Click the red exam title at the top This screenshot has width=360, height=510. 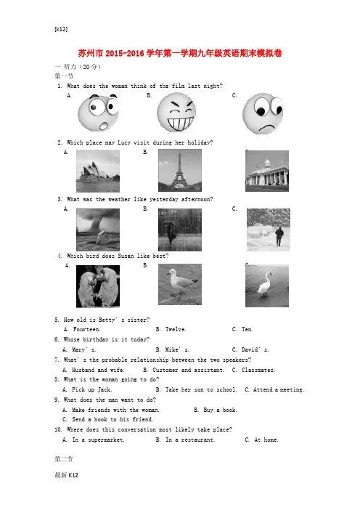point(180,53)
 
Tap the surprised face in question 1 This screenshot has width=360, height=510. point(98,113)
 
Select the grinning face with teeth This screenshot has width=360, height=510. point(176,112)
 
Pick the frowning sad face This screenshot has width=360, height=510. point(263,113)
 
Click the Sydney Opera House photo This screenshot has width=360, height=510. point(98,171)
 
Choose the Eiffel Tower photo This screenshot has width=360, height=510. point(180,170)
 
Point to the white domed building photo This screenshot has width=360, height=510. point(267,171)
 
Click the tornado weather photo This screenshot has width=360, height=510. point(98,230)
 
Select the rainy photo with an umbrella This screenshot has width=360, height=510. point(180,230)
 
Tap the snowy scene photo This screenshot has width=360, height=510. point(269,230)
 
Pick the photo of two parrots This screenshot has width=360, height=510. point(98,286)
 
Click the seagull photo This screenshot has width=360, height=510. point(180,284)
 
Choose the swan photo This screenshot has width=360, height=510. point(267,286)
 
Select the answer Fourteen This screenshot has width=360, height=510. point(87,329)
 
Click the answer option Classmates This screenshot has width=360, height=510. point(258,370)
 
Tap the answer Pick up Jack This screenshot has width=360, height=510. point(91,389)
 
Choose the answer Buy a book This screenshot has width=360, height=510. point(220,410)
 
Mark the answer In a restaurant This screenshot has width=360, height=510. point(189,440)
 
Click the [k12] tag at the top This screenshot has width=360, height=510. point(61,29)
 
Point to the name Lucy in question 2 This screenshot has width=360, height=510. point(124,142)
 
